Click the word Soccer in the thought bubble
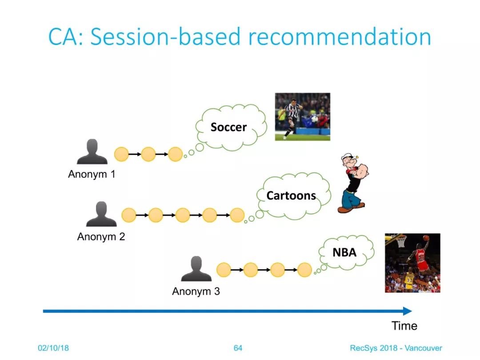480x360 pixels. [x=228, y=127]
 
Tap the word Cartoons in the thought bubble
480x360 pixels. [x=291, y=196]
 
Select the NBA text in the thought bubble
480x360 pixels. [x=344, y=252]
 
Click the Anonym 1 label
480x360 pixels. [x=92, y=174]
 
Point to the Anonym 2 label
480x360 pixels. [x=101, y=236]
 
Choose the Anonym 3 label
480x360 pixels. [x=196, y=291]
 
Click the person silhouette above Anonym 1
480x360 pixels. [x=92, y=152]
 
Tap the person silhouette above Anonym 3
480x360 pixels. [x=196, y=268]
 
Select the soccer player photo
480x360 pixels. [x=303, y=116]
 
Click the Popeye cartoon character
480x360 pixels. [x=354, y=183]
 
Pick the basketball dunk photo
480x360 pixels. [x=412, y=263]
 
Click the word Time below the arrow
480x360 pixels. [x=404, y=326]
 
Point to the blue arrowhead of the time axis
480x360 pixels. [x=408, y=311]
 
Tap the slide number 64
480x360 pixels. [x=238, y=348]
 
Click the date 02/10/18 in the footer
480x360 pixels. [x=53, y=348]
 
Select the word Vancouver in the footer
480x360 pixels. [x=424, y=348]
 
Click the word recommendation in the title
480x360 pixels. [x=340, y=37]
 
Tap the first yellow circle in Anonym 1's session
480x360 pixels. [x=121, y=154]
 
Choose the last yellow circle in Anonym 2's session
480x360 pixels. [x=237, y=215]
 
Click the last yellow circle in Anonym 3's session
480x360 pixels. [x=304, y=270]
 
